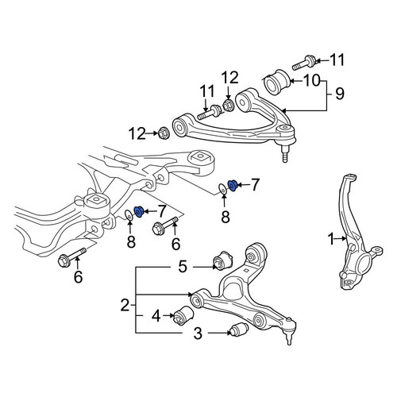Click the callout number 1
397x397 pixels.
(x=331, y=239)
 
